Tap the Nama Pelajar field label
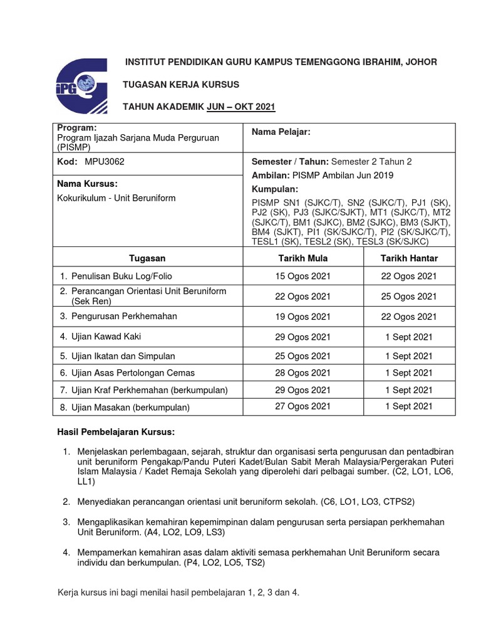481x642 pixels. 281,132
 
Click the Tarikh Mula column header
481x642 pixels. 303,258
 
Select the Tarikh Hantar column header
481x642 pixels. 410,258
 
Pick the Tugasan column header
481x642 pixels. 147,258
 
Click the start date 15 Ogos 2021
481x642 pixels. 303,276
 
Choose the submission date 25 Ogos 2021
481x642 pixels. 410,296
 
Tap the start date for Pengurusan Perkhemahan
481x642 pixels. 303,317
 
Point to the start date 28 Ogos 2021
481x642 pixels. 303,373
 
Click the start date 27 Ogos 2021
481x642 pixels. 303,406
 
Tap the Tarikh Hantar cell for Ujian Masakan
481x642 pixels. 410,406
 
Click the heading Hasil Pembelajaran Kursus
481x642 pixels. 116,433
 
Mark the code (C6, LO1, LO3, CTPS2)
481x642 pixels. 367,502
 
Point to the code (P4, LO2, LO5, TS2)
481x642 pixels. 224,563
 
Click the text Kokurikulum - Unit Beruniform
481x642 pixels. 116,197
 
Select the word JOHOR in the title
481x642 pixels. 422,61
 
